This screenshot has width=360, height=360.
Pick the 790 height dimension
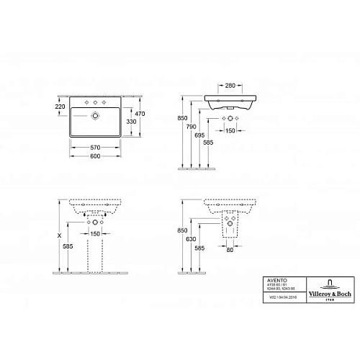point(192,127)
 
